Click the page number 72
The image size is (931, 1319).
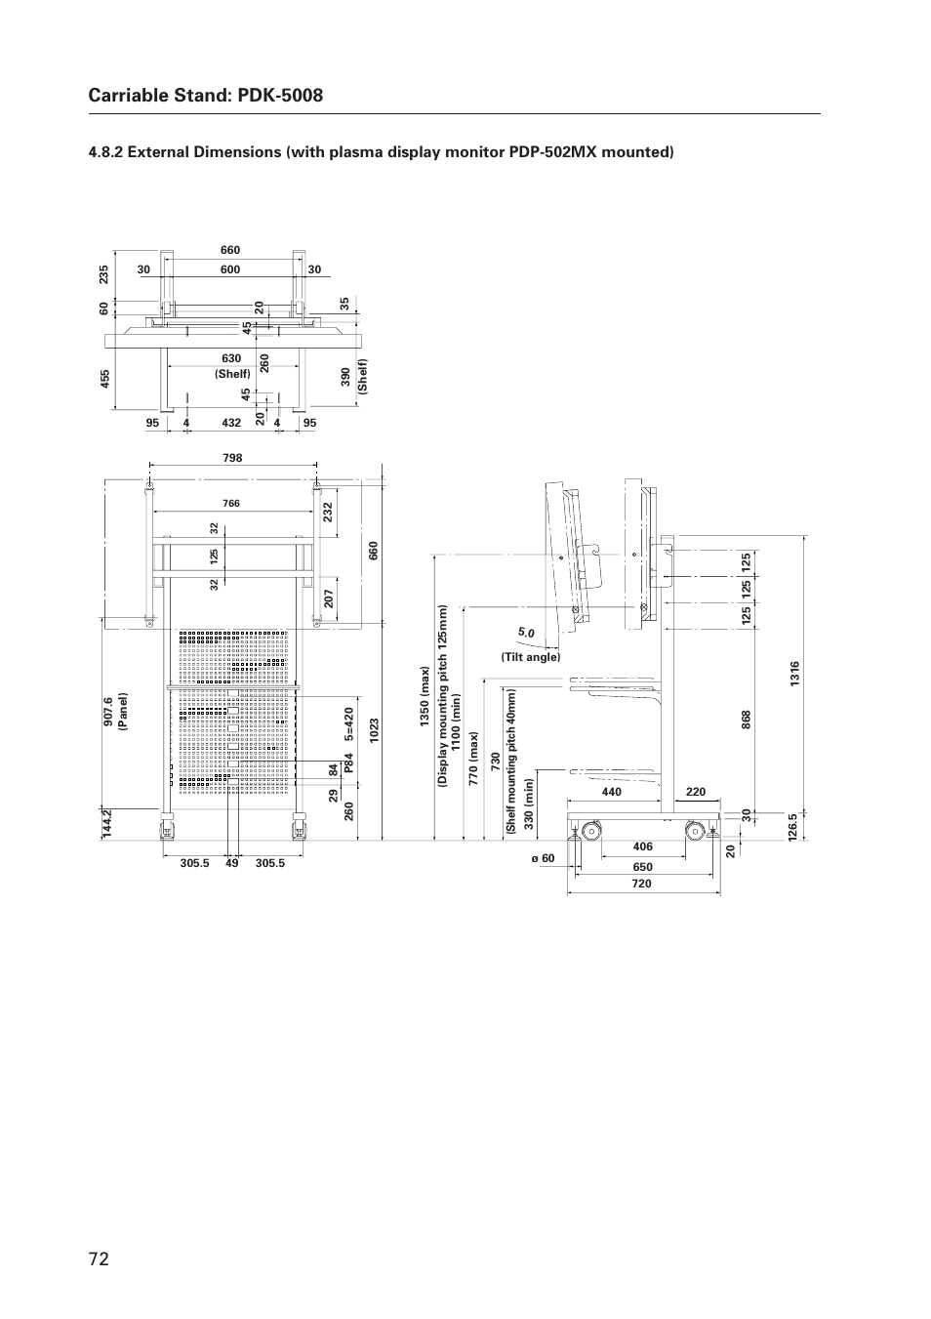(99, 1258)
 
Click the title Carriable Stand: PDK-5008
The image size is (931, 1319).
(205, 95)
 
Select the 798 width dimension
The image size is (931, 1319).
(232, 458)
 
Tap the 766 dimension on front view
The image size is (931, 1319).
(231, 504)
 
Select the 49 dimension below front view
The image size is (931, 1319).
(231, 863)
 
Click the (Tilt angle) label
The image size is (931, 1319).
(531, 657)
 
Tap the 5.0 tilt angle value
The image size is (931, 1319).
(527, 633)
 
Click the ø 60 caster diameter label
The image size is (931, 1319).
(543, 859)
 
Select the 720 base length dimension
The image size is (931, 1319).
(641, 884)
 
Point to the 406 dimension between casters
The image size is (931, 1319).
(642, 846)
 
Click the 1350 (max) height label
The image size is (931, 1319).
(425, 697)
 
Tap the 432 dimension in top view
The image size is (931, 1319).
(231, 423)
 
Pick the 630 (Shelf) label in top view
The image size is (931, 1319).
(232, 366)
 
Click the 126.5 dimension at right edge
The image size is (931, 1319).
(794, 825)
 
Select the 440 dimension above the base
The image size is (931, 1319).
(612, 792)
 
